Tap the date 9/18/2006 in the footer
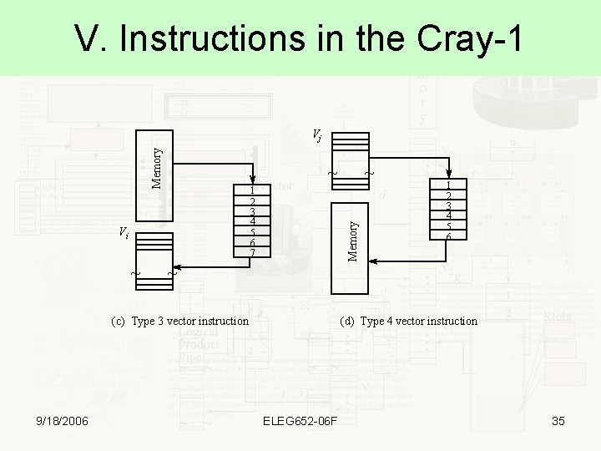tap(63, 421)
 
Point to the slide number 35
tap(558, 421)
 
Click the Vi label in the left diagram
tap(124, 233)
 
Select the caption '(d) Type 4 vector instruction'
tap(408, 321)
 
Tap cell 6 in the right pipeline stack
tap(448, 236)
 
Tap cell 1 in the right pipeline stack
tap(448, 185)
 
